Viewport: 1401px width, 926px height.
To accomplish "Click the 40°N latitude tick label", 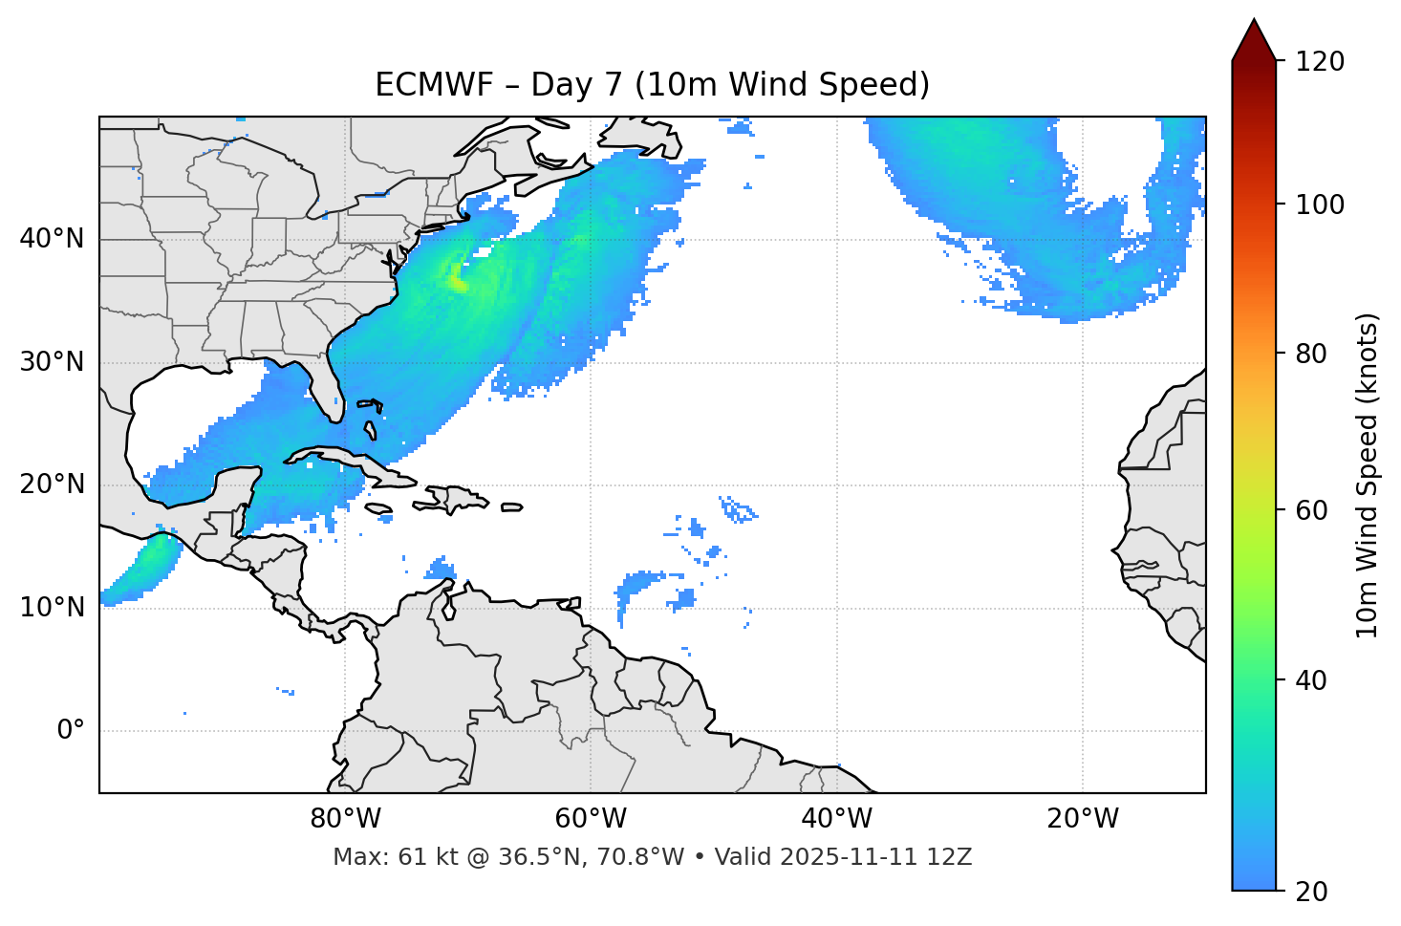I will pos(52,239).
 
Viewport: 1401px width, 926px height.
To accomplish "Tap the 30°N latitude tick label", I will pos(52,362).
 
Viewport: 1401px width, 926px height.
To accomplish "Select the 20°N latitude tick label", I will pos(52,485).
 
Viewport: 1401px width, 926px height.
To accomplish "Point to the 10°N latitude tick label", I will pos(52,608).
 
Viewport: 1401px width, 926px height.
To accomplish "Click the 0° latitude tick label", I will pos(71,731).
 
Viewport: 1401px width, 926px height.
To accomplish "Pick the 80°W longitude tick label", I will pos(345,819).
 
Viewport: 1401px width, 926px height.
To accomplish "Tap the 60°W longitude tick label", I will pos(591,819).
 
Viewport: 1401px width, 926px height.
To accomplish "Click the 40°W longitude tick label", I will pos(837,819).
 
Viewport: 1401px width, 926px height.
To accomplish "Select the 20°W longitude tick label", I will pos(1083,819).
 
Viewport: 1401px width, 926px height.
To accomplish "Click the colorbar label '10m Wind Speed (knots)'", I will pos(1368,476).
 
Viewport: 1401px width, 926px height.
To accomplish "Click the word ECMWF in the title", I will pos(434,85).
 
